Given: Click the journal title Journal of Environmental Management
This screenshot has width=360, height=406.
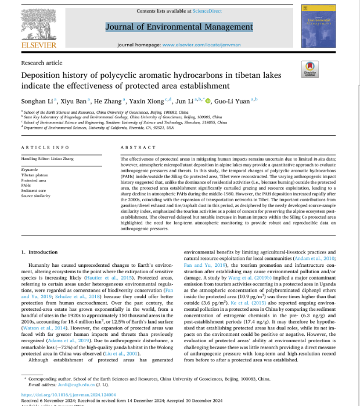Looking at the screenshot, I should coord(179,27).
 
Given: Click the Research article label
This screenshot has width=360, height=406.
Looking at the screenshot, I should coord(42,63).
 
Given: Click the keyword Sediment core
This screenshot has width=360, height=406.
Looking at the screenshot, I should coord(33,190).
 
